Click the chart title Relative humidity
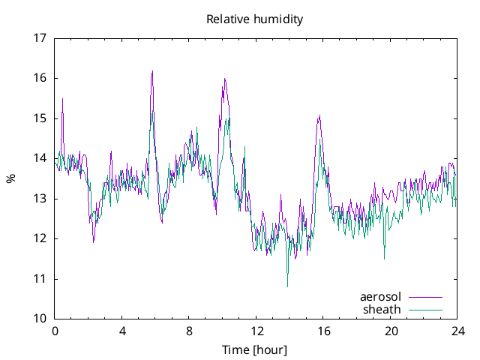[255, 19]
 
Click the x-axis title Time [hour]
[255, 350]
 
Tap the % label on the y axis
[10, 178]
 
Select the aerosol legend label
[380, 297]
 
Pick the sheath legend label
[382, 309]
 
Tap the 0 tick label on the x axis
[55, 331]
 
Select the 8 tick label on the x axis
[189, 331]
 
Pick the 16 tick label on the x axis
[323, 331]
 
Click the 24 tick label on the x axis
[457, 331]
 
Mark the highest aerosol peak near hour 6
[152, 71]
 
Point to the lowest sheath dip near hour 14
[287, 286]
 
